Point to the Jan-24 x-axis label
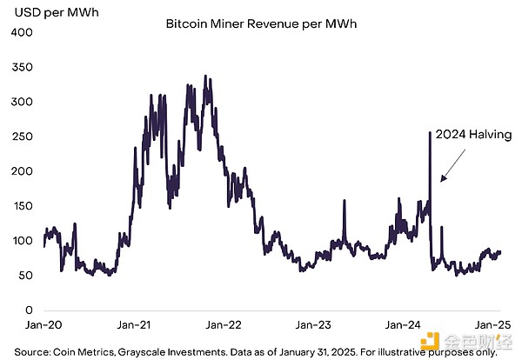click(405, 325)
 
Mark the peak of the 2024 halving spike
click(430, 132)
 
